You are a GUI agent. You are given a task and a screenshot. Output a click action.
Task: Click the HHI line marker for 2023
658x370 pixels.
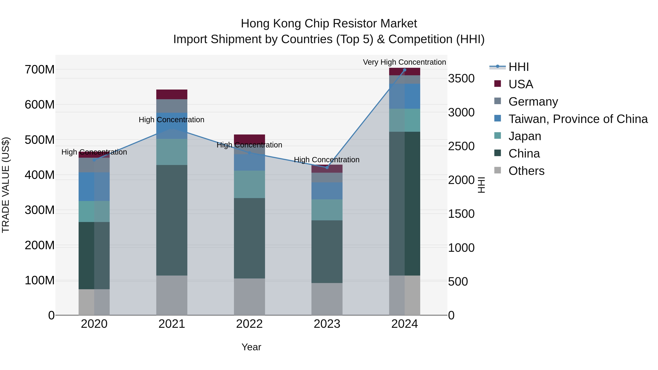pos(327,168)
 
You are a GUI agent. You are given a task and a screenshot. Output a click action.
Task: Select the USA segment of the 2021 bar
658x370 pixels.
pos(172,94)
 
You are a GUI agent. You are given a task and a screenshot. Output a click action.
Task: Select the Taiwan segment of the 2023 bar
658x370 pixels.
pos(327,191)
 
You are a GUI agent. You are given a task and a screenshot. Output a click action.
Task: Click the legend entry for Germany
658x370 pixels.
pos(533,102)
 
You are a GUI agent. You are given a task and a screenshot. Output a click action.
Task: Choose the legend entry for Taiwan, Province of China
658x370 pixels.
pos(578,119)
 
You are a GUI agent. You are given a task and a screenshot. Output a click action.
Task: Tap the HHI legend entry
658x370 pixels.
pos(518,67)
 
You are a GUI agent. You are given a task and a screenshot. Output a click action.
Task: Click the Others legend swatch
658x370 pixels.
pos(497,170)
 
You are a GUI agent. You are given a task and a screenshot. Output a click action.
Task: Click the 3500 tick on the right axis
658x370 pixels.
pos(461,78)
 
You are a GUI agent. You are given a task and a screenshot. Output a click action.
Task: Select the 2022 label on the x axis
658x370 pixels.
pos(249,324)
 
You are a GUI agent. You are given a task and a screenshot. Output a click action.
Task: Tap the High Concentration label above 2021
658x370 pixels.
pos(171,120)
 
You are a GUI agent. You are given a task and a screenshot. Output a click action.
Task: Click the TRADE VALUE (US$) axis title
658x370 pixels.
pos(6,185)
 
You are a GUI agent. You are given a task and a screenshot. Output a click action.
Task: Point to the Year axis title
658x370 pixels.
pos(251,347)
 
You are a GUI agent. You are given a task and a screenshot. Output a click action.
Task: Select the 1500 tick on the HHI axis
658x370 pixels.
pos(461,214)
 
